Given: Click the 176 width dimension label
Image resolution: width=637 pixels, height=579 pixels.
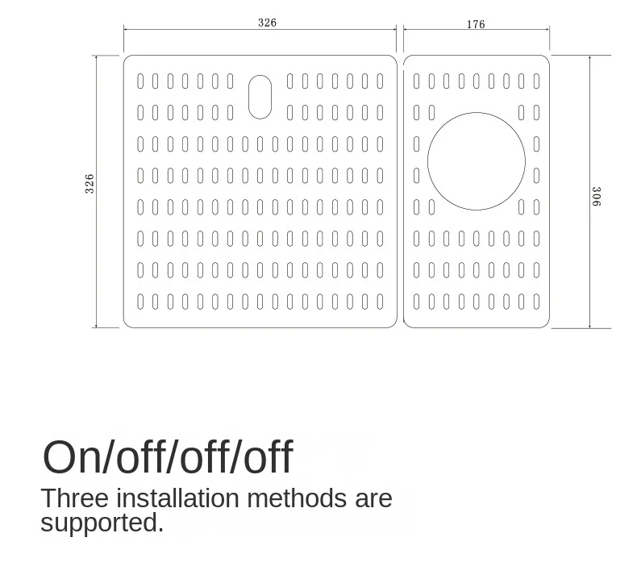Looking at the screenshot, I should [x=476, y=24].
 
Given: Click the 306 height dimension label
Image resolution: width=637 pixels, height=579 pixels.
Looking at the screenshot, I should [x=596, y=196].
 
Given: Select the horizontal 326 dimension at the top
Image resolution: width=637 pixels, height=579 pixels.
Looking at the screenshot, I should [x=267, y=23].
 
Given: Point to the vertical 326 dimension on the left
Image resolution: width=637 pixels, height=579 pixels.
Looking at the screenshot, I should [x=90, y=183].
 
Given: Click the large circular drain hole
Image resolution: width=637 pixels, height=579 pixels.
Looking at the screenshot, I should [x=477, y=161].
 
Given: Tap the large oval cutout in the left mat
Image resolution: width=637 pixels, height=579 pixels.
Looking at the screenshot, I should [x=260, y=97].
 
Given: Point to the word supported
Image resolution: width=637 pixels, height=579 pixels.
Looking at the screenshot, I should [x=102, y=523].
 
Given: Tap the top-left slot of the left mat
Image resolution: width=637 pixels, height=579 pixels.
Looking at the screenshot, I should [x=140, y=81].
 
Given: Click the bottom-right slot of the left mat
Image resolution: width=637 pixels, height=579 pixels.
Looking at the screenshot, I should [x=380, y=302].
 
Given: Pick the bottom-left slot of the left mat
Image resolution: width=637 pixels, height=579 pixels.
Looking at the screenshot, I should [x=140, y=302].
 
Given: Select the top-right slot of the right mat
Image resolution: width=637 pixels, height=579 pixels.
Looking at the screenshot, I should [x=536, y=81].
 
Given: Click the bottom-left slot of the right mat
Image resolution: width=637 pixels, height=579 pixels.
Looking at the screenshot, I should [x=417, y=302].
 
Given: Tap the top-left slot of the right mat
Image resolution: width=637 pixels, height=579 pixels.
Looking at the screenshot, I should [x=417, y=81].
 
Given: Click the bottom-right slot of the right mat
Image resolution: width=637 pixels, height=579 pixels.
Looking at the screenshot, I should [x=536, y=302].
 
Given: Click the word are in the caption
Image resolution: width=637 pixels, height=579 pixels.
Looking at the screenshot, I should [x=373, y=498].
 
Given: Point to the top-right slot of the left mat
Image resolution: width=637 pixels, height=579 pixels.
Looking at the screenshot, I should [x=380, y=81].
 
